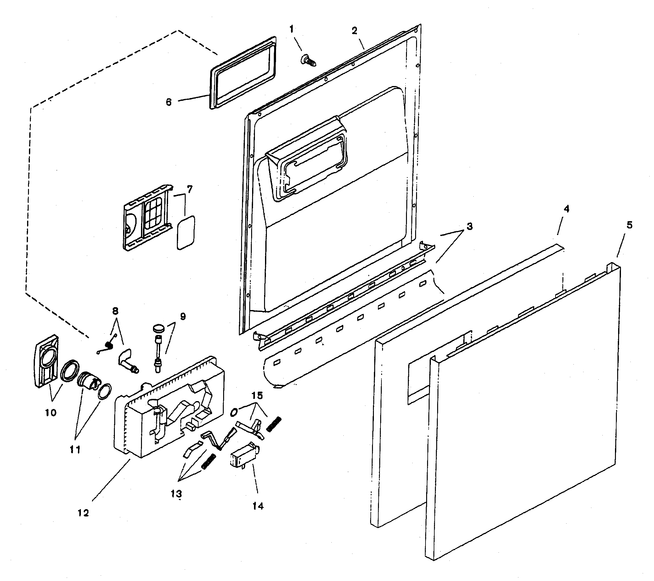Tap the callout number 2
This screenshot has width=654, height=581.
[x=354, y=31]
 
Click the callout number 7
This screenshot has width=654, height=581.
[x=190, y=190]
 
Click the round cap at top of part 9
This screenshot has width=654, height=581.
[x=158, y=328]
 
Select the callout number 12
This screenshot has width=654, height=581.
[x=83, y=513]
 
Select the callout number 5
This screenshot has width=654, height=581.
[x=629, y=225]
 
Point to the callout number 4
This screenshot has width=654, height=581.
[x=566, y=209]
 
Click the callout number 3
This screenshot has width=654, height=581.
[x=469, y=227]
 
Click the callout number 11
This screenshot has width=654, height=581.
[x=75, y=450]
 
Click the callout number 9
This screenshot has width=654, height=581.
[x=183, y=316]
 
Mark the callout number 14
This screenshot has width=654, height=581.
[x=258, y=506]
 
